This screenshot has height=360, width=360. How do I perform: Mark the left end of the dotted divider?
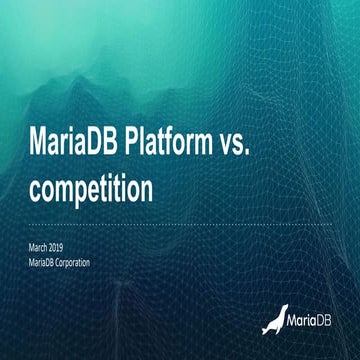29,224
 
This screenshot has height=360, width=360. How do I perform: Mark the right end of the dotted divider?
331,224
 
